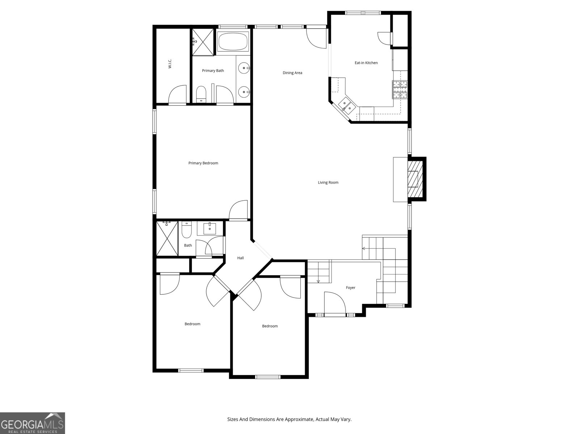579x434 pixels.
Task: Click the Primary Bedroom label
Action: click(203, 163)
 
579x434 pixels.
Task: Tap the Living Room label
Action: click(328, 182)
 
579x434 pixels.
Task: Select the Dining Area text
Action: click(292, 73)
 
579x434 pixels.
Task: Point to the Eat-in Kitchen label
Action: click(366, 63)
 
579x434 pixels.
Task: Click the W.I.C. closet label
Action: click(170, 64)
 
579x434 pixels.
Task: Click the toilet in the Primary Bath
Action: click(201, 94)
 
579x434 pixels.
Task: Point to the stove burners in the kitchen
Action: click(400, 90)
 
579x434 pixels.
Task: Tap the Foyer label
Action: click(350, 288)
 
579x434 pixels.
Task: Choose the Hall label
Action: click(240, 258)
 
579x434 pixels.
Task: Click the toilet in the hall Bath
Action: click(186, 230)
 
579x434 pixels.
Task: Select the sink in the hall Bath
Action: click(210, 229)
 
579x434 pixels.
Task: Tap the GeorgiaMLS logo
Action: click(33, 423)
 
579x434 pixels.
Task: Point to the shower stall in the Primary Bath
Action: click(203, 42)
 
